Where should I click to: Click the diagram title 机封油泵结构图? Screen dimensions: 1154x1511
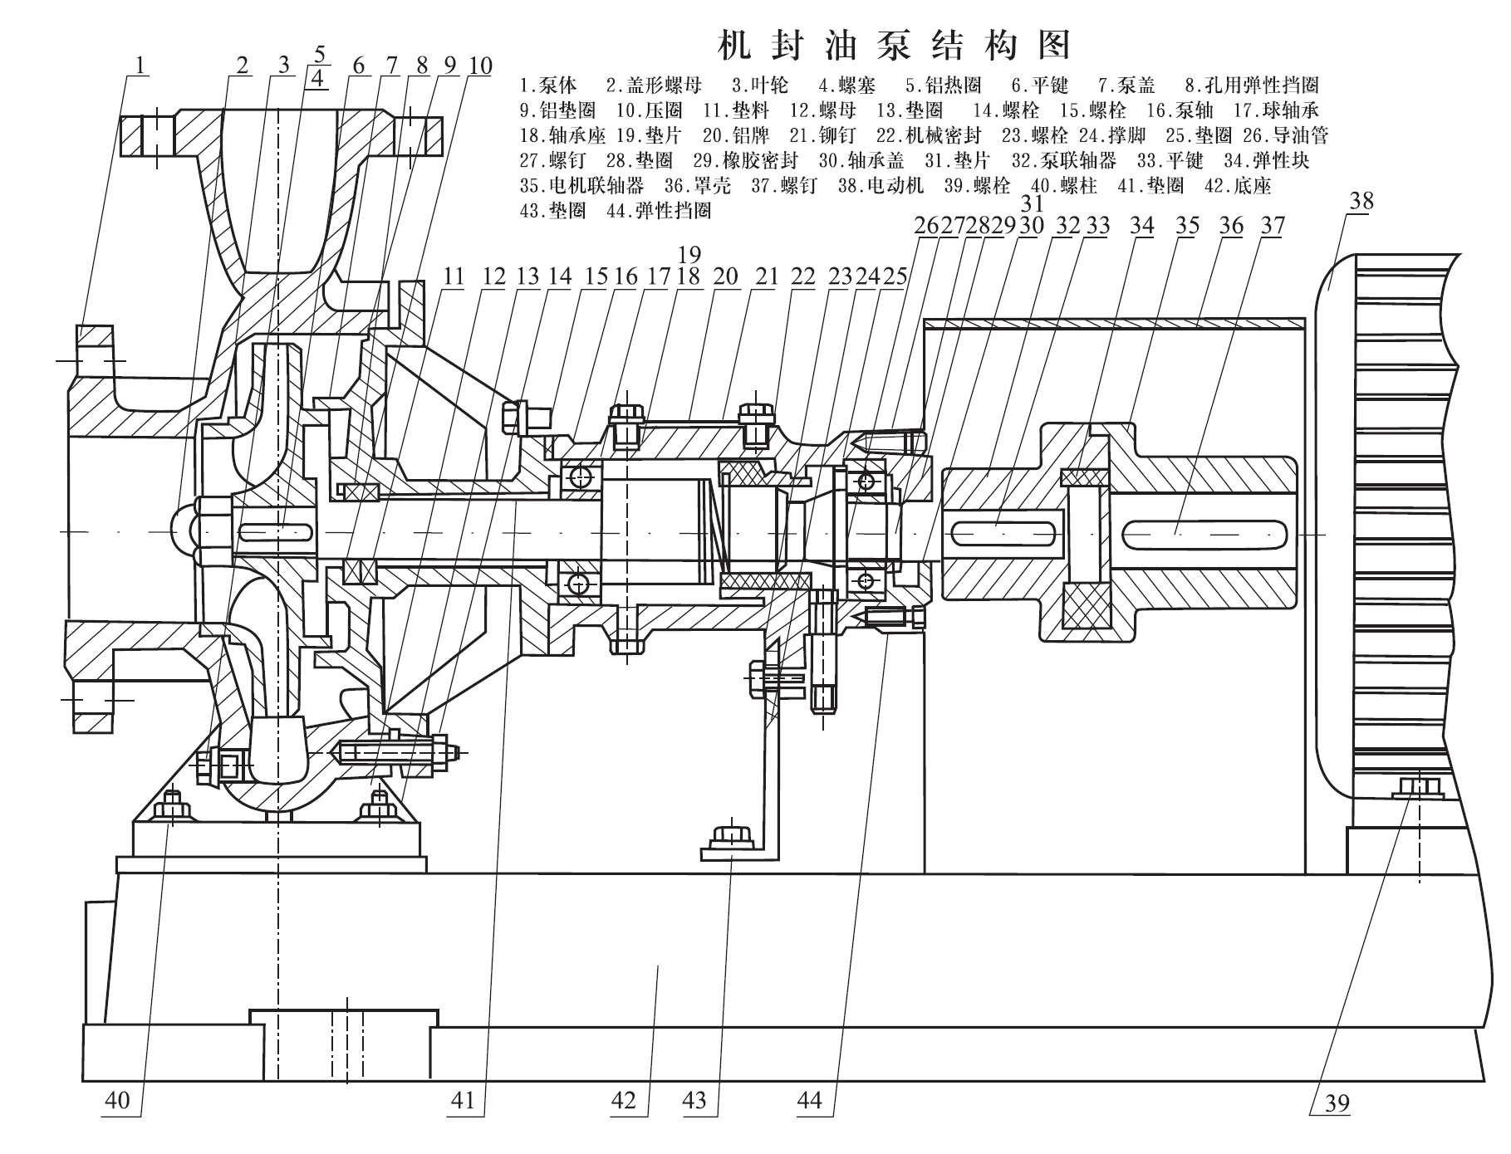coord(893,46)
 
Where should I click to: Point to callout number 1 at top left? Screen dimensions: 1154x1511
coord(142,64)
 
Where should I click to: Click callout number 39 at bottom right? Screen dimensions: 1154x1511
coord(1337,1103)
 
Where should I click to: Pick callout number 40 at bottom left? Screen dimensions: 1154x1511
coord(117,1101)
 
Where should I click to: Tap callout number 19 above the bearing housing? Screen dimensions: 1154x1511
coord(689,254)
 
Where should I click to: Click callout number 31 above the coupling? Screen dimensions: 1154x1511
coord(1032,204)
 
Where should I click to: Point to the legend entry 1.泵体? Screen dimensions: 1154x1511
coord(548,85)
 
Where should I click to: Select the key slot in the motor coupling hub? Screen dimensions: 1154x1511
coord(1202,532)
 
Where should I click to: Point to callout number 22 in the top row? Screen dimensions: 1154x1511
coord(802,276)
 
